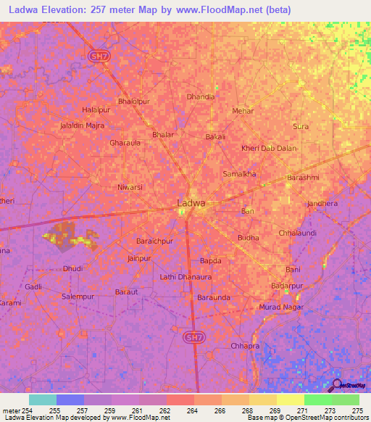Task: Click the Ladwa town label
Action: (x=191, y=204)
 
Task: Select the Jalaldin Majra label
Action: (x=82, y=125)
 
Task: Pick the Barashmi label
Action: (x=303, y=177)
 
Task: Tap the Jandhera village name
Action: (x=322, y=204)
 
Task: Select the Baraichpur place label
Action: (x=155, y=240)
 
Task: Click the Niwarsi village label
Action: (x=130, y=187)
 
